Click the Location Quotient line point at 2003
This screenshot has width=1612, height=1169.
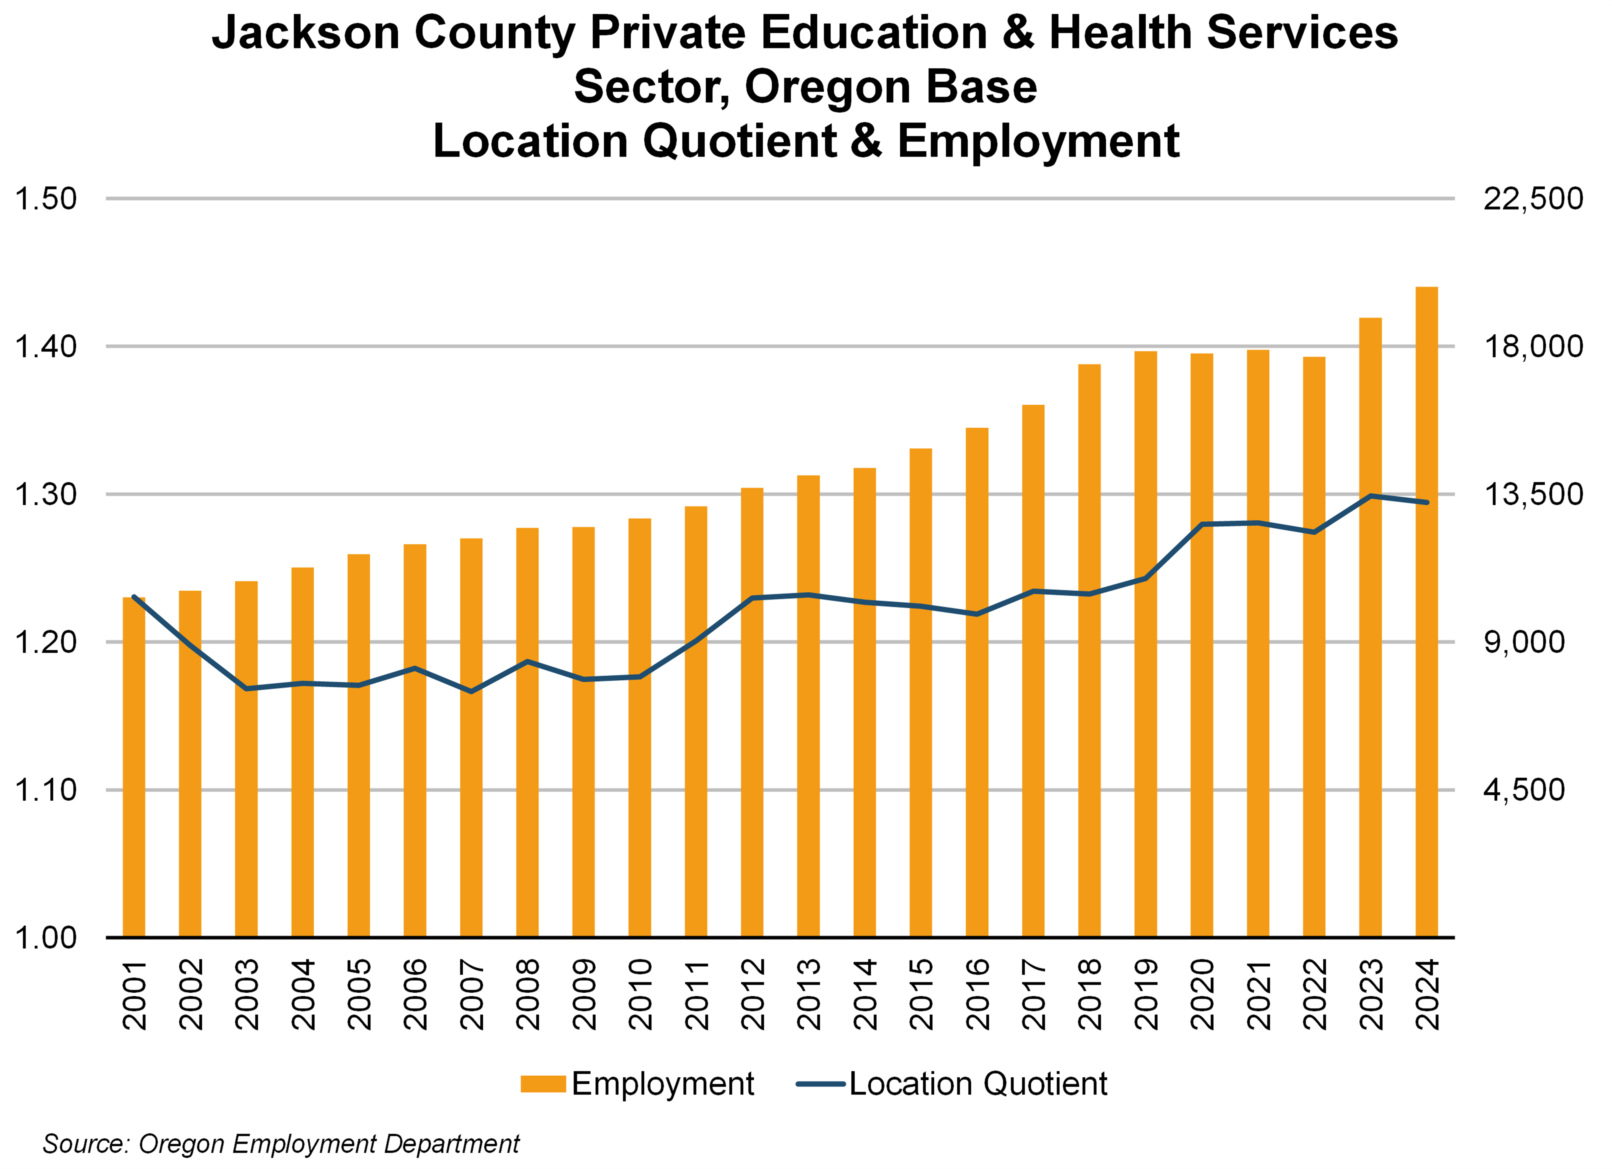point(246,688)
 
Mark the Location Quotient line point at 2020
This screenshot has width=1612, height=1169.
point(1201,524)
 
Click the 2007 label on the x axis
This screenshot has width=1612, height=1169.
point(471,994)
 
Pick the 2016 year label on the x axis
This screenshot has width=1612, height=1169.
point(977,994)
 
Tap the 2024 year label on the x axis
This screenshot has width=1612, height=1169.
point(1427,994)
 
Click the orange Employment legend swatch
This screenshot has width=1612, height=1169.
point(542,1084)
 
